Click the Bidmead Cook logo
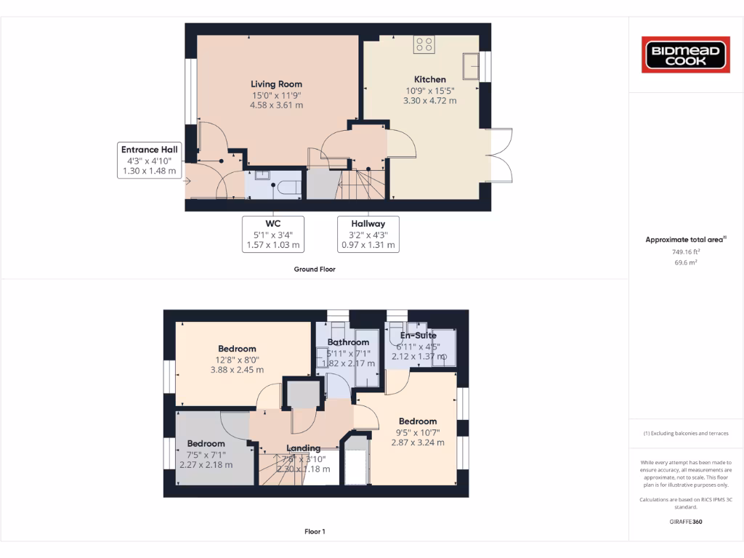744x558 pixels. click(686, 55)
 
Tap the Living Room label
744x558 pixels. click(276, 84)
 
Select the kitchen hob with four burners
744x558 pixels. click(424, 44)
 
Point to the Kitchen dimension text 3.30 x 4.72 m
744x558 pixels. click(430, 101)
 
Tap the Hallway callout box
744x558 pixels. click(368, 234)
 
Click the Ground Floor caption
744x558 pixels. click(314, 269)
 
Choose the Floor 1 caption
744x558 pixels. click(314, 532)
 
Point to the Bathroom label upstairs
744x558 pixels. click(348, 342)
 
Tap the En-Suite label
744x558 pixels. click(418, 336)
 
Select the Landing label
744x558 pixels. click(303, 448)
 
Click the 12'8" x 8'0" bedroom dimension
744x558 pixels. click(237, 359)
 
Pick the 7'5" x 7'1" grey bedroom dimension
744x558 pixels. click(206, 455)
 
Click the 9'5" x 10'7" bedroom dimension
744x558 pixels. click(417, 432)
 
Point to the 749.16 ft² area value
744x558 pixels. click(686, 251)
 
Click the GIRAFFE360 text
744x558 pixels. click(686, 522)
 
